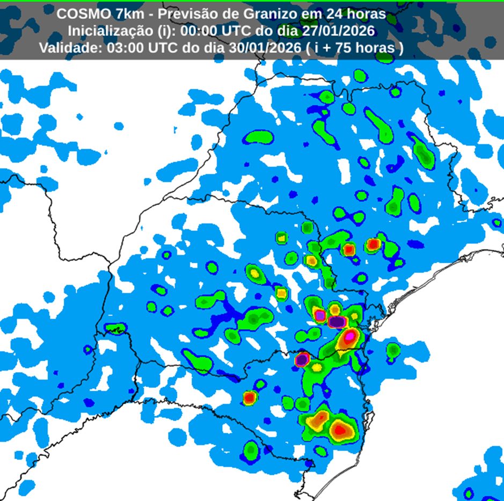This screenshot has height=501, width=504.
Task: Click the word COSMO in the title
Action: point(79,13)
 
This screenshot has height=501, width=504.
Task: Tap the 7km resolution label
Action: point(124,13)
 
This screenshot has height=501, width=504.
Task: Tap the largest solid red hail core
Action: point(339,429)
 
